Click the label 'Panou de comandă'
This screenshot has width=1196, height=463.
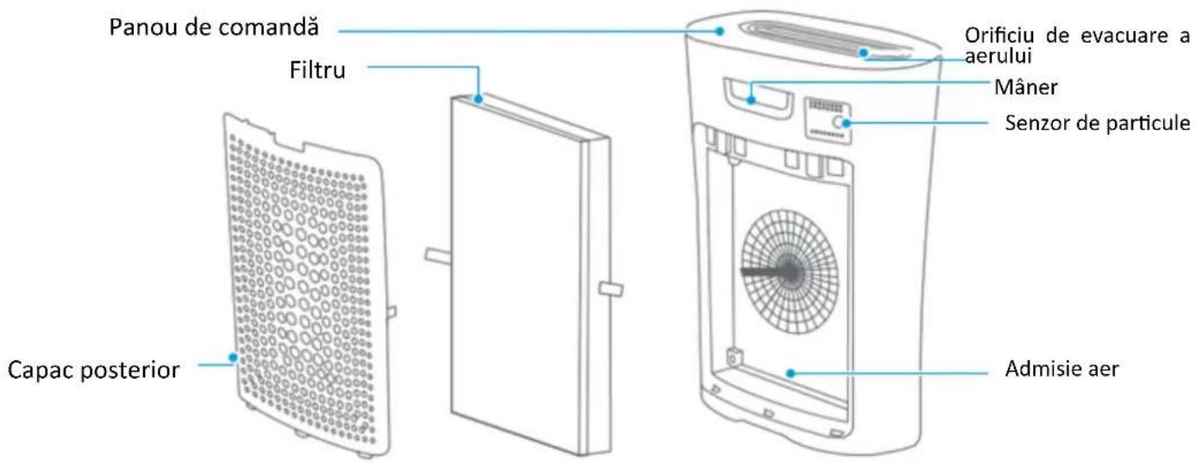(214, 27)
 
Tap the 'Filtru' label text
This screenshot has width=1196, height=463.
(317, 70)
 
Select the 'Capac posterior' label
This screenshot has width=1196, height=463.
(93, 370)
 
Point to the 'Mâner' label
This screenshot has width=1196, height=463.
(1025, 87)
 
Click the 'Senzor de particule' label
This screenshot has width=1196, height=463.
(1098, 122)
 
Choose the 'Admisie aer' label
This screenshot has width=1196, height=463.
(1062, 368)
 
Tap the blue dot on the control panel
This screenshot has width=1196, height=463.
(720, 31)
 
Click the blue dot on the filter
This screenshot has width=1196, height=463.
(479, 99)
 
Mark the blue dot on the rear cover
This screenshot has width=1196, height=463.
(232, 357)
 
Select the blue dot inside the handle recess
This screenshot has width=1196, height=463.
(751, 99)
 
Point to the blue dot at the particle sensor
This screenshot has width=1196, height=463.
(846, 123)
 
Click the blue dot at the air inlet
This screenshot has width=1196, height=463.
(791, 373)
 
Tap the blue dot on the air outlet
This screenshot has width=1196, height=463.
(863, 52)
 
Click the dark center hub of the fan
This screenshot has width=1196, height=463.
(789, 272)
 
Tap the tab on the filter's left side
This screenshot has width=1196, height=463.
(438, 255)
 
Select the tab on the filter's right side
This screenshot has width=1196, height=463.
(611, 289)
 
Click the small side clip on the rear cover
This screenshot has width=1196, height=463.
(391, 312)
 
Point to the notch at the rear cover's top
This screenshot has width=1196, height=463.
(288, 141)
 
